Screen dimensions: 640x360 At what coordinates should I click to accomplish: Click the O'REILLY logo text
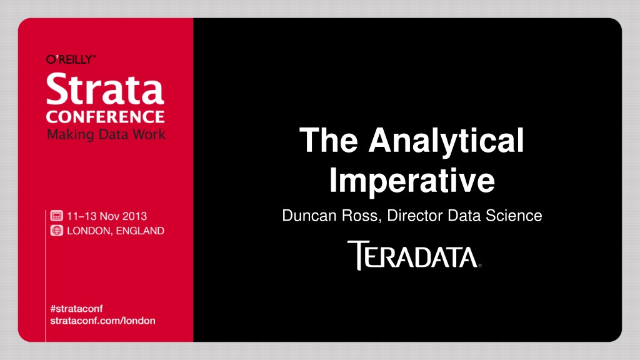pyautogui.click(x=71, y=59)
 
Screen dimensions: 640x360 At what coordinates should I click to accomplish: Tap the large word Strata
pyautogui.click(x=105, y=89)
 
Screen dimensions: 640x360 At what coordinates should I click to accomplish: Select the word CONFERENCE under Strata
pyautogui.click(x=105, y=117)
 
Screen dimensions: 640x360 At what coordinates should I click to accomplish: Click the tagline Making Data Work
pyautogui.click(x=106, y=134)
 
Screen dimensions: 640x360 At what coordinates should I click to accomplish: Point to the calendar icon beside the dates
pyautogui.click(x=57, y=216)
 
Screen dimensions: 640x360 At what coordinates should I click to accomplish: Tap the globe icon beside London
pyautogui.click(x=57, y=231)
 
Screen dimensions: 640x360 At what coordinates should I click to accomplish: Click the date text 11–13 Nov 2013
pyautogui.click(x=107, y=216)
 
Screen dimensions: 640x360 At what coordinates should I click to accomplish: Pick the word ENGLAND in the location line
pyautogui.click(x=140, y=231)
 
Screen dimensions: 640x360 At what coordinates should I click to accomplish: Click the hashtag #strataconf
pyautogui.click(x=76, y=309)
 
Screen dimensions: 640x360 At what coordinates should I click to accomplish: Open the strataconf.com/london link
pyautogui.click(x=103, y=321)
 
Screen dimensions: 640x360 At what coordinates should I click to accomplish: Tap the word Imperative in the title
pyautogui.click(x=412, y=181)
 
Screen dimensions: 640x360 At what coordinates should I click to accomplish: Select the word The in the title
pyautogui.click(x=329, y=140)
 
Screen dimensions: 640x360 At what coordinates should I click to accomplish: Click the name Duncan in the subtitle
pyautogui.click(x=309, y=216)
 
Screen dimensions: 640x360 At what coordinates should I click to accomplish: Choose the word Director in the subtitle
pyautogui.click(x=415, y=216)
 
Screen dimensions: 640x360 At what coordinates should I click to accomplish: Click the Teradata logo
pyautogui.click(x=414, y=256)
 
